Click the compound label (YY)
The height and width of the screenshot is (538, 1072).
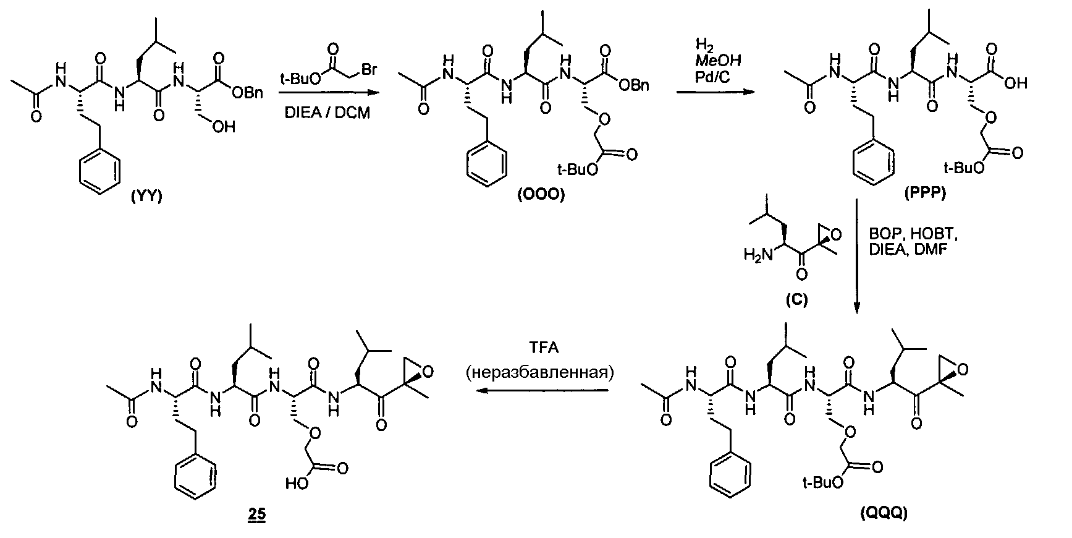tap(146, 197)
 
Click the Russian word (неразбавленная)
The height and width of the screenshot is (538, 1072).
tap(544, 372)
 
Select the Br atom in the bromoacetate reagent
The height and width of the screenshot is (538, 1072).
tap(369, 70)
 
